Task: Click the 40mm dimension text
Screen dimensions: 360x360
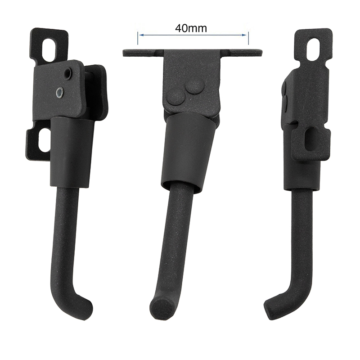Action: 191,28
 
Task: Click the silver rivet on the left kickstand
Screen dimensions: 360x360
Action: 59,93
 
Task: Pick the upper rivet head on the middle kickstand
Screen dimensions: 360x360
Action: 195,85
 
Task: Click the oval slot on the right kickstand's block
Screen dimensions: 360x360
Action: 311,140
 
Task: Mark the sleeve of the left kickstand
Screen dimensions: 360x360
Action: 72,153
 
